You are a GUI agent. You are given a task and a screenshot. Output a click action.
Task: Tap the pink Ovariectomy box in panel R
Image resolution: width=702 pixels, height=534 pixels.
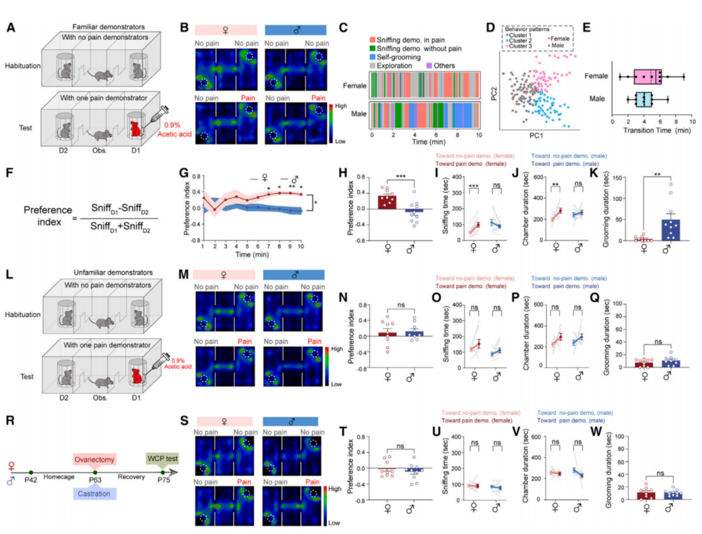click(94, 459)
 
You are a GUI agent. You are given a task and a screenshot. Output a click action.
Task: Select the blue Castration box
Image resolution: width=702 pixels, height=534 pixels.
click(94, 494)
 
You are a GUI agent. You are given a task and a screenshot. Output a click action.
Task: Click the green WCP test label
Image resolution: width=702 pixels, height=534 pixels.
click(163, 458)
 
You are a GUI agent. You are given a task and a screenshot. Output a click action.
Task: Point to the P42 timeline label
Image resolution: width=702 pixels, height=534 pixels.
click(31, 480)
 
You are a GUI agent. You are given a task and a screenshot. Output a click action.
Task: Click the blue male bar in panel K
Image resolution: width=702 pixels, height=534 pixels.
click(670, 230)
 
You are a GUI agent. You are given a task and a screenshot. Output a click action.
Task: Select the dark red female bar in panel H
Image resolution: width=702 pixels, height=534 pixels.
click(387, 202)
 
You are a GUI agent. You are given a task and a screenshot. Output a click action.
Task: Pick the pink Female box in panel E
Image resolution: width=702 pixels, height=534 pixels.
click(647, 77)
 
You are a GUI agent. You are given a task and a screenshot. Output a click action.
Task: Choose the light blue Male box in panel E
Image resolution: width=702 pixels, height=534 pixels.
click(643, 99)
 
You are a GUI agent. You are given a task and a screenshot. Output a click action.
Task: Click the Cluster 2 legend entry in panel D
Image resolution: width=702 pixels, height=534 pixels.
click(520, 41)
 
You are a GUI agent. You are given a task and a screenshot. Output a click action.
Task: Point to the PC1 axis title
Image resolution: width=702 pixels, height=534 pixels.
click(536, 136)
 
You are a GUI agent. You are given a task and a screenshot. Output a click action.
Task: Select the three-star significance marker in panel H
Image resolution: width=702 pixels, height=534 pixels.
click(401, 176)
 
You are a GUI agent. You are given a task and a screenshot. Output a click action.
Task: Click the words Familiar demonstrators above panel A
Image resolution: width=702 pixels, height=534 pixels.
click(108, 27)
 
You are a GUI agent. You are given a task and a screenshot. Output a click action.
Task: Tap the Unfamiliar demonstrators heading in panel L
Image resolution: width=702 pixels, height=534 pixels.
click(113, 273)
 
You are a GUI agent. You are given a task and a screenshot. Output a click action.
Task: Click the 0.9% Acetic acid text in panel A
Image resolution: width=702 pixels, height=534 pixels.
click(174, 129)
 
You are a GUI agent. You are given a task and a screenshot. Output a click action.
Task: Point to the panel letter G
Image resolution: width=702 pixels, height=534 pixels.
click(184, 172)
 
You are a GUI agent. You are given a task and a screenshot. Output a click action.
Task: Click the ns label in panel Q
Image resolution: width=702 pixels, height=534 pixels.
click(658, 342)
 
